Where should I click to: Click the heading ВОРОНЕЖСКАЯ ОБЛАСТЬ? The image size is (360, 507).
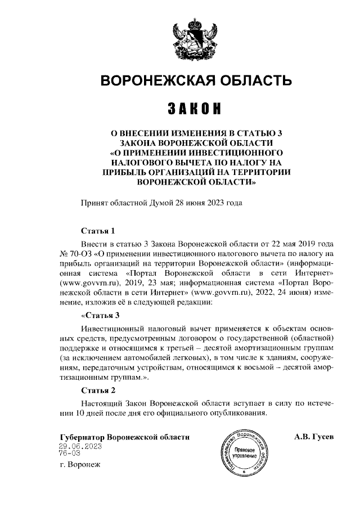pyautogui.click(x=195, y=81)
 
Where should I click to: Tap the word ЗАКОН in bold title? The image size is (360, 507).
pyautogui.click(x=195, y=107)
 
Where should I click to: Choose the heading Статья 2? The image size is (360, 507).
pyautogui.click(x=98, y=390)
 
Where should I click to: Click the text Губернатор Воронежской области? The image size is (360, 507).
pyautogui.click(x=124, y=437)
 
